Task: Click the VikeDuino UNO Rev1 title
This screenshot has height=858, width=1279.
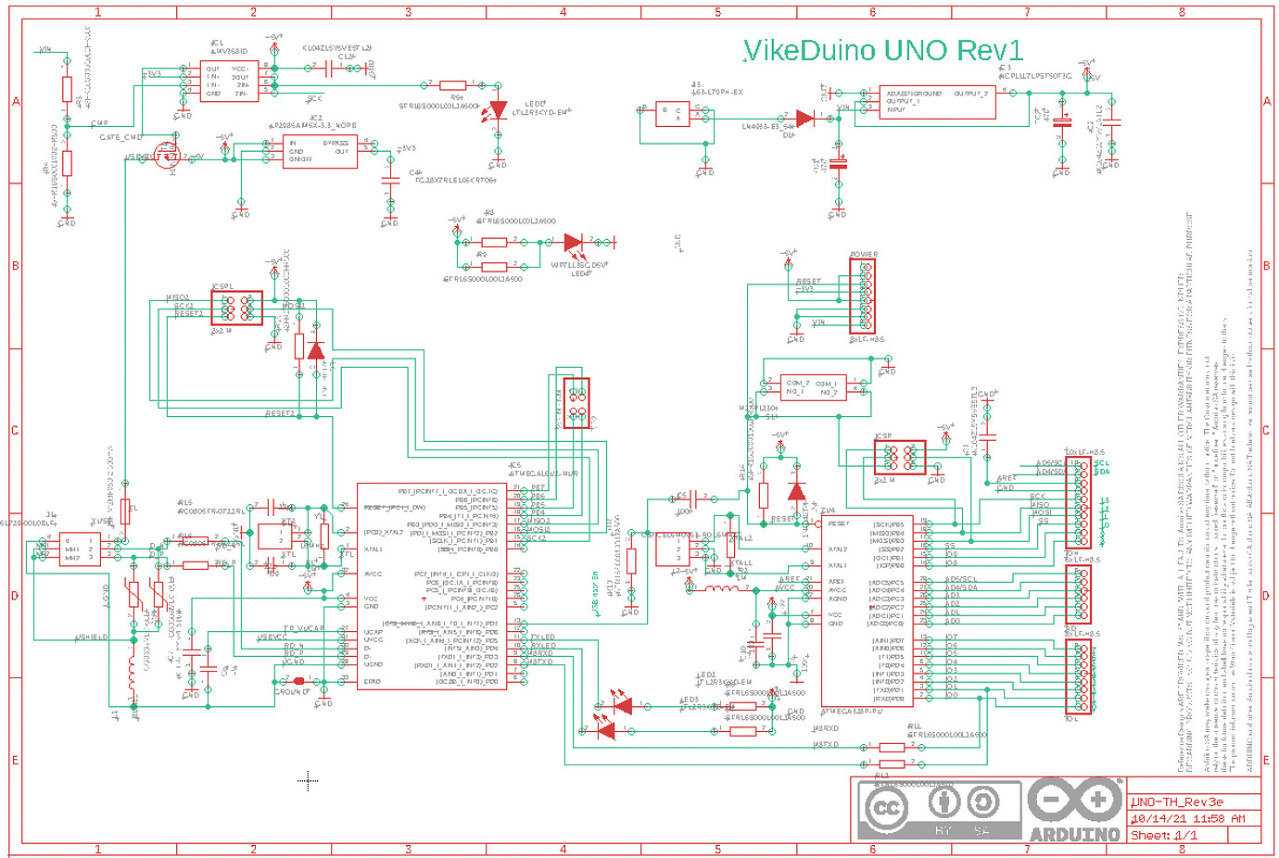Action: click(883, 50)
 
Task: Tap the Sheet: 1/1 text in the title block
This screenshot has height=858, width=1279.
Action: click(1164, 835)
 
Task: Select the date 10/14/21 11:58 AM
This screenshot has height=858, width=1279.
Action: click(1187, 818)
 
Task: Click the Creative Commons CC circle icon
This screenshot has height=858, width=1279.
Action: click(886, 808)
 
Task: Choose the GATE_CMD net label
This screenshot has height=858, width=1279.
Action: click(120, 137)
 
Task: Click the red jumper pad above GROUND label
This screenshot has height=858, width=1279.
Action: click(298, 681)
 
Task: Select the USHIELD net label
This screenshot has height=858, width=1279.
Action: click(92, 637)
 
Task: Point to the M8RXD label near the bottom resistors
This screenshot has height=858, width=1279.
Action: click(825, 729)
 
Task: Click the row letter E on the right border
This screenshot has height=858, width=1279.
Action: click(1267, 760)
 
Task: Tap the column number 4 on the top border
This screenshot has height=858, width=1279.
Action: click(563, 12)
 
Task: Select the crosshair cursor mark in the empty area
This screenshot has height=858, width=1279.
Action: click(308, 781)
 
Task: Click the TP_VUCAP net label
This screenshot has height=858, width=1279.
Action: click(303, 628)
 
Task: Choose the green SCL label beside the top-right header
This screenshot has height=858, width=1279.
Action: click(1101, 463)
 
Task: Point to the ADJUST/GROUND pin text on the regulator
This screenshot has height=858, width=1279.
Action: click(913, 94)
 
